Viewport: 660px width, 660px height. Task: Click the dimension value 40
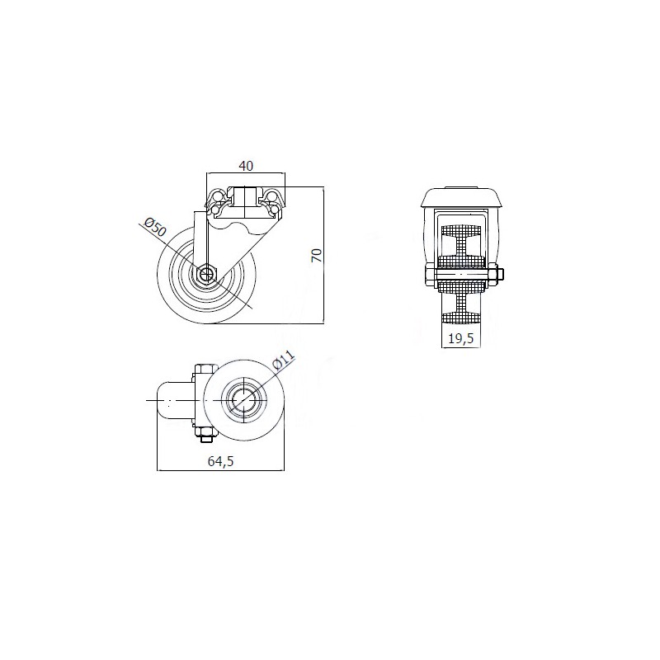pos(246,166)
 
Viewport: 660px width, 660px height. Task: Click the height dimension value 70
pos(317,256)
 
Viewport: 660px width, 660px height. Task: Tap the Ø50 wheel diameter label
pos(155,228)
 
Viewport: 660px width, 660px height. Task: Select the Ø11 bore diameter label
pos(284,360)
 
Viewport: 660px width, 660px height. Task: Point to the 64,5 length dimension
pos(220,461)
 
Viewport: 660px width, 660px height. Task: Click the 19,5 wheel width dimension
pos(461,338)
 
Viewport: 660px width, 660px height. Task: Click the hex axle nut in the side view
pos(206,275)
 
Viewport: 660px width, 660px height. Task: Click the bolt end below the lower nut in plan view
pos(205,440)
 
